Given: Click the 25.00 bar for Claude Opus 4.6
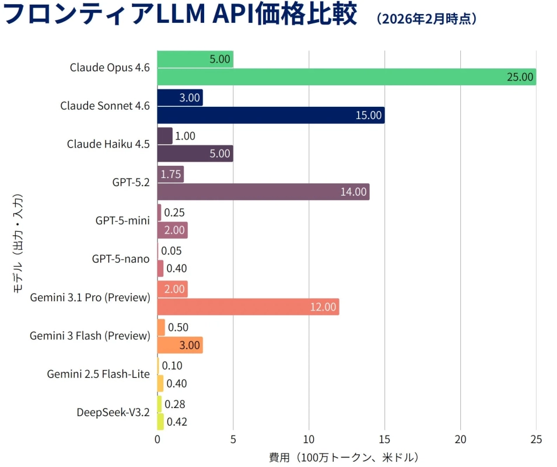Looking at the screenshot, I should click(x=346, y=77).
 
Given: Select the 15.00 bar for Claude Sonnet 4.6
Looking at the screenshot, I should click(x=271, y=115).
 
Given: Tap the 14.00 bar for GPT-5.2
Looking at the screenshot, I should click(x=263, y=191).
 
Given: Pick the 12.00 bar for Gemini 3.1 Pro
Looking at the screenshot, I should click(x=248, y=306).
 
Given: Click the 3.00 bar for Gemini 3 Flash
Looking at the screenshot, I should click(x=180, y=345).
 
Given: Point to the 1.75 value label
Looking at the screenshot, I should click(x=171, y=174).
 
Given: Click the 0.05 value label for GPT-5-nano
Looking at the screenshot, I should click(x=171, y=251).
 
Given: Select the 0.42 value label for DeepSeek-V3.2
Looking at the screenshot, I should click(x=177, y=421).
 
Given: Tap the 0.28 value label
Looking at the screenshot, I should click(x=175, y=404).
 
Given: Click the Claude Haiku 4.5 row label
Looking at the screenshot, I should click(x=108, y=144).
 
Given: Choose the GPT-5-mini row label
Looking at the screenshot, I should click(x=122, y=221).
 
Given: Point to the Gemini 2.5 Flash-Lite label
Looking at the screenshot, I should click(x=98, y=374).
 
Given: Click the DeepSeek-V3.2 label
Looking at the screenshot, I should click(x=113, y=412).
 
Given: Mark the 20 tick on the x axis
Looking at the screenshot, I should click(x=460, y=439).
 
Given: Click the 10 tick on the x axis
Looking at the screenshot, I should click(x=309, y=439).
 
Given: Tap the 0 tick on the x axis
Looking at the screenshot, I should click(x=157, y=439).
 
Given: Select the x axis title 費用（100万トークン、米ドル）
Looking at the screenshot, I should click(x=344, y=456).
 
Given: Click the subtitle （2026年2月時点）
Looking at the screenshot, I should click(x=427, y=19).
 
